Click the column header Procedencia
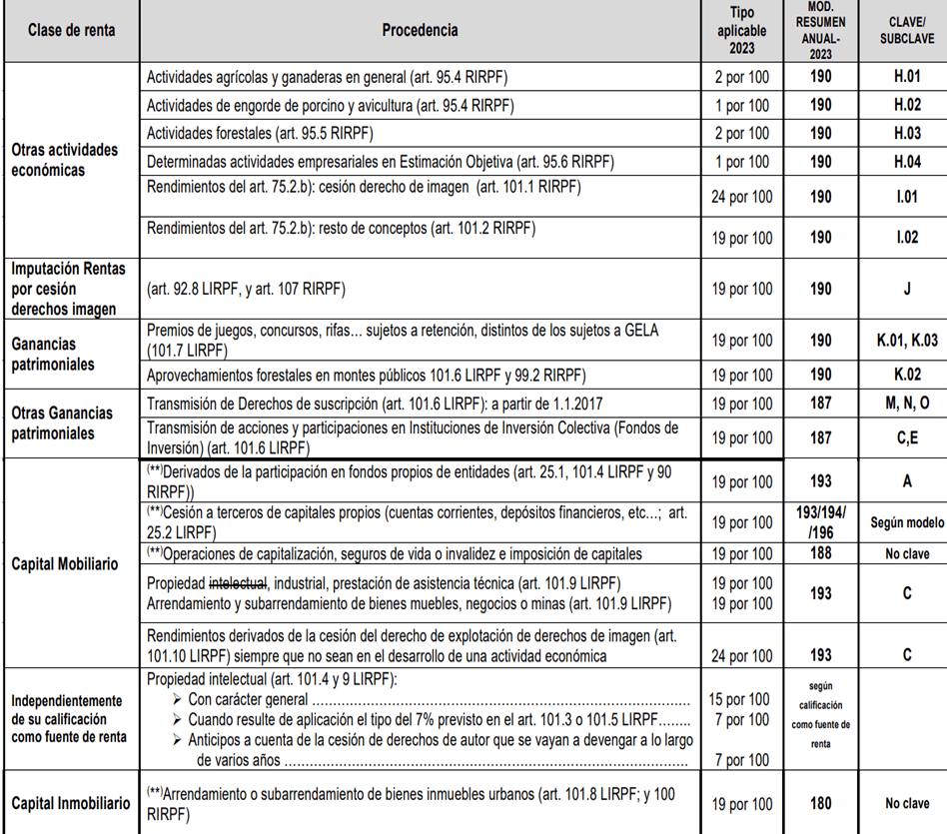pos(420,30)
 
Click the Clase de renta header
pos(71,30)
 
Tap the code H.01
pos(907,76)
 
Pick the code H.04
pos(907,162)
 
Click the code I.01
pos(907,198)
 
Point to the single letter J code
pos(907,290)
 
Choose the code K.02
pos(907,375)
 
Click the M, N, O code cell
pos(907,404)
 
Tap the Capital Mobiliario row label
pos(65,563)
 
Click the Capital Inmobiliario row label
pos(71,803)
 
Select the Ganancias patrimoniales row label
pos(54,355)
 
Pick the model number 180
pos(820,803)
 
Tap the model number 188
pos(820,554)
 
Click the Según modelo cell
pos(907,521)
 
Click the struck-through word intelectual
pos(237,582)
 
